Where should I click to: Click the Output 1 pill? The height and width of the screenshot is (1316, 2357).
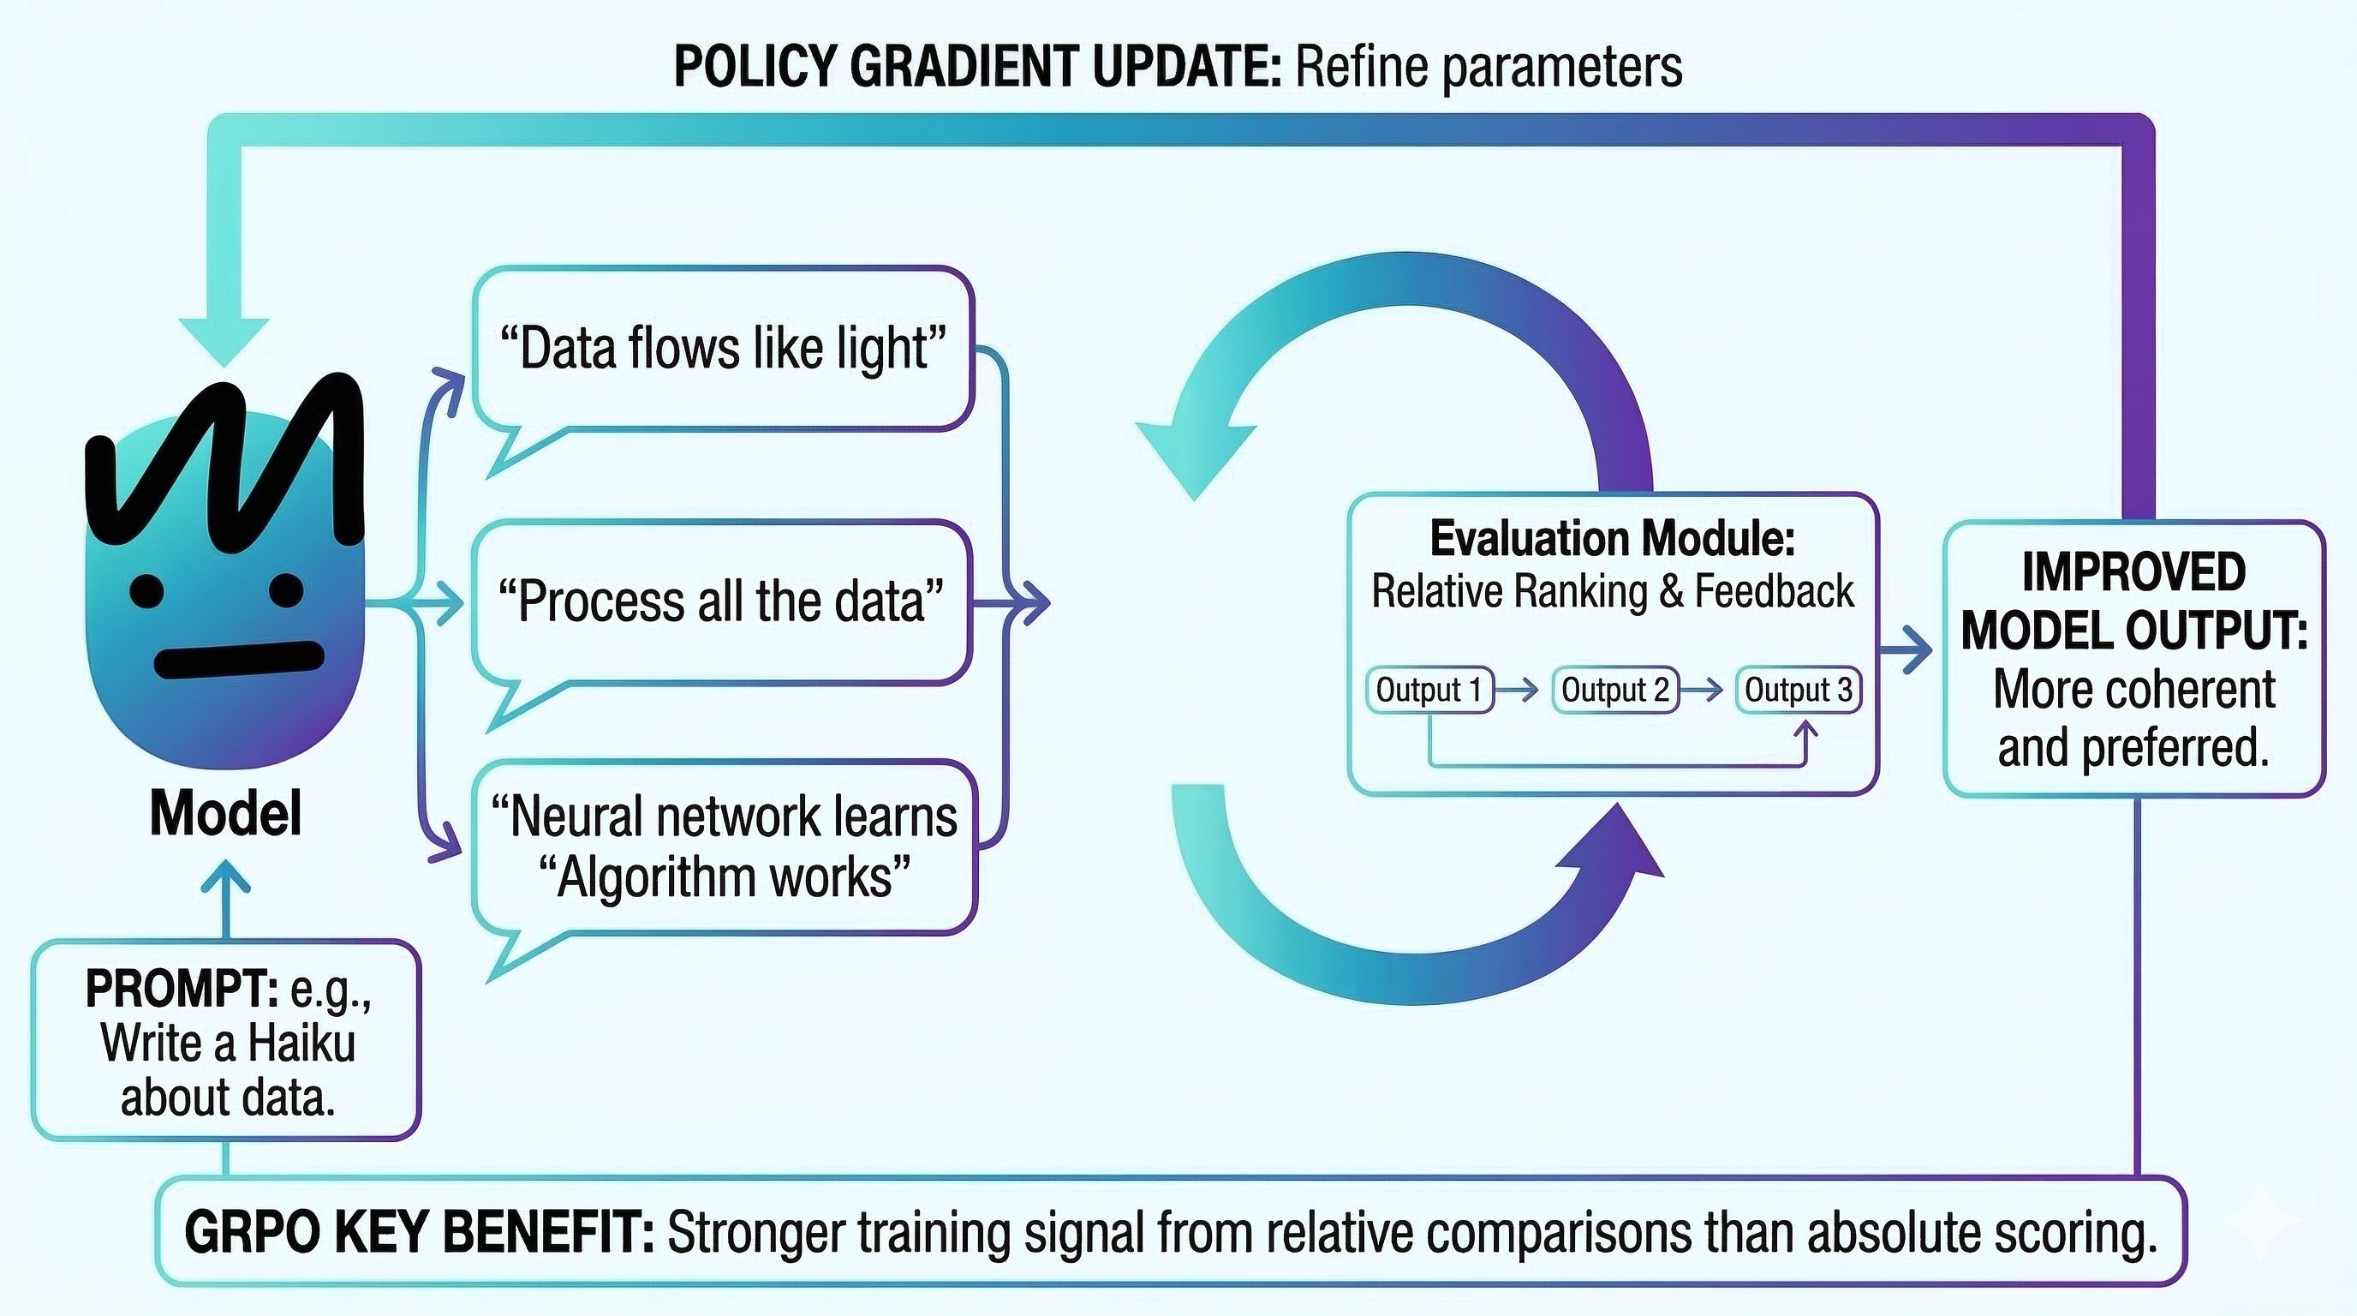[x=1429, y=689]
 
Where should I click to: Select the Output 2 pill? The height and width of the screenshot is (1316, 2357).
[x=1615, y=689]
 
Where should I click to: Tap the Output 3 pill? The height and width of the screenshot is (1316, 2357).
[x=1798, y=689]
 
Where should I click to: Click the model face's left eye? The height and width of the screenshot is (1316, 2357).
[x=146, y=590]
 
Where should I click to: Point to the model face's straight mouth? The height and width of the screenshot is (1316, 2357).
[x=240, y=659]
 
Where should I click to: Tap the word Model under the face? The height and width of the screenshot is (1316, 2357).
[x=225, y=813]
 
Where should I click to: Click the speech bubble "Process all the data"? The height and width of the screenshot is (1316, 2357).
[x=721, y=601]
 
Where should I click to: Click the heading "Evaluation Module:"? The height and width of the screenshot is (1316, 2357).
[x=1612, y=538]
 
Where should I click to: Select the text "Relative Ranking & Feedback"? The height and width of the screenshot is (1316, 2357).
[x=1612, y=591]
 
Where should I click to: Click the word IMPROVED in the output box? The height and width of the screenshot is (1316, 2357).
[x=2133, y=572]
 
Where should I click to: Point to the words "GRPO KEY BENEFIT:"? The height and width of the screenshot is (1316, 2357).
[x=419, y=1232]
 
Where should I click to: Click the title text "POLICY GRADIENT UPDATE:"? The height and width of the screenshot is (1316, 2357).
[x=978, y=67]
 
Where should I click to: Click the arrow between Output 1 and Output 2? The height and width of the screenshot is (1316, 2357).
[x=1523, y=689]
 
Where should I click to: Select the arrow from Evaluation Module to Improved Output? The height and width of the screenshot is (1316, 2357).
[x=1906, y=650]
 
